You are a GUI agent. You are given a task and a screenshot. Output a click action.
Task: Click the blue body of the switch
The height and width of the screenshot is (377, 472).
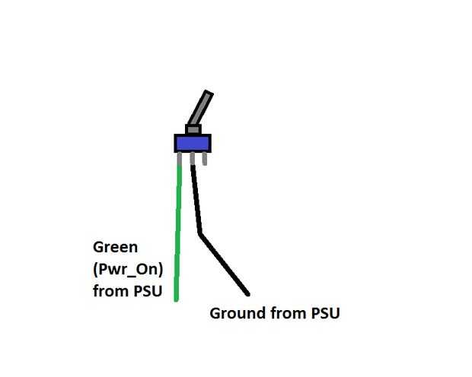tap(192, 143)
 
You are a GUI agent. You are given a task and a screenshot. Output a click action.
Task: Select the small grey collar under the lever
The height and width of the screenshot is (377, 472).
tap(193, 129)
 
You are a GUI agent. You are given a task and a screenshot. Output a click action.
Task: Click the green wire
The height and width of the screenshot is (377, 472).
tap(178, 228)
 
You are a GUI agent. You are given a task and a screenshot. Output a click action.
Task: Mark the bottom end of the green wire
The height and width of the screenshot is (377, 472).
tap(176, 298)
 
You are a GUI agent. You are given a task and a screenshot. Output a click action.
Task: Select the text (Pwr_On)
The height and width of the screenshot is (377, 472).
tap(126, 268)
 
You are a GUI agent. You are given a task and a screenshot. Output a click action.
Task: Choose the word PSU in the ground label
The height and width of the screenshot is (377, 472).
tap(323, 312)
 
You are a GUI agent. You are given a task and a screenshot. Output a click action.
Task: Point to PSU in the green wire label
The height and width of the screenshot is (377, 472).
tap(145, 290)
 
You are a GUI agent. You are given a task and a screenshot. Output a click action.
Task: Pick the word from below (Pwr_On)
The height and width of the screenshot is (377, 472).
tap(108, 290)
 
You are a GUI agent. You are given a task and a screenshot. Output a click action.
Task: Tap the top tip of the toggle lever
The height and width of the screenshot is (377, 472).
tap(208, 93)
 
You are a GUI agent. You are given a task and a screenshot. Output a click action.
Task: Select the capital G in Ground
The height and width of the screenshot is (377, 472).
tap(215, 312)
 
